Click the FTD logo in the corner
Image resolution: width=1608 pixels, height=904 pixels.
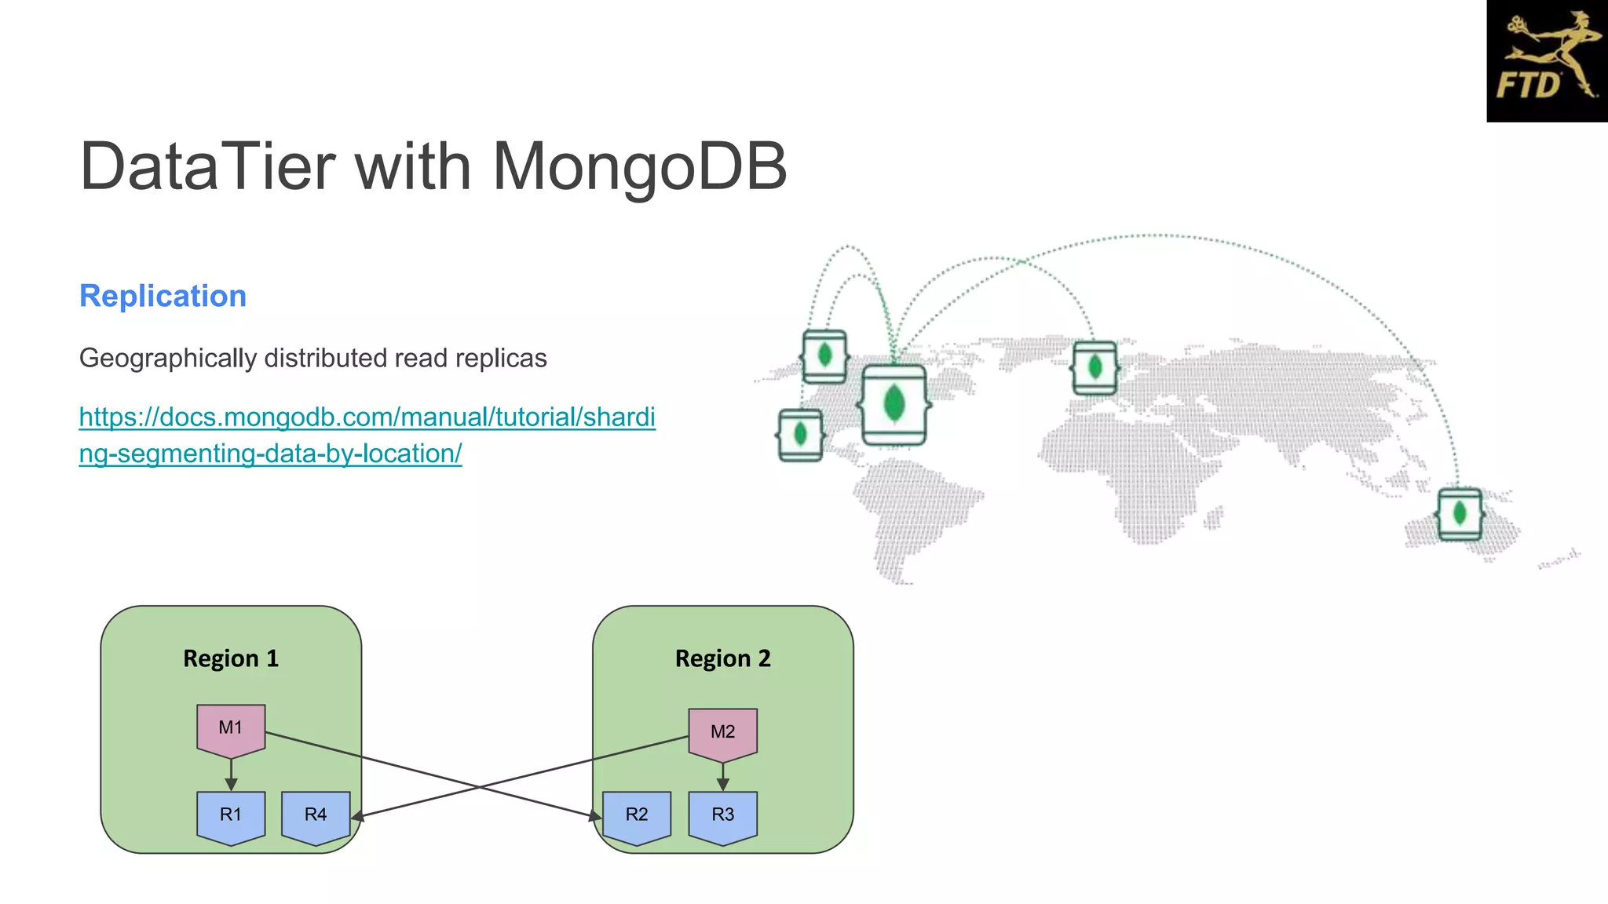tap(1547, 61)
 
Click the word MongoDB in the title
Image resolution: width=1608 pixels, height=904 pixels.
tap(639, 166)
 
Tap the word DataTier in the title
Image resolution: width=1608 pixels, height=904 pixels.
tap(207, 166)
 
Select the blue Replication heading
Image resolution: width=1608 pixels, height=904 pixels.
tap(163, 296)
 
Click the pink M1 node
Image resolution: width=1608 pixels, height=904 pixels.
tap(231, 728)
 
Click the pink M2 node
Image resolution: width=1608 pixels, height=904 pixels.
tap(722, 732)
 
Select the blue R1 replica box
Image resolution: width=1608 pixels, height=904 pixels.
tap(231, 815)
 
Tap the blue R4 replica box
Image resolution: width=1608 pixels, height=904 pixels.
tap(316, 815)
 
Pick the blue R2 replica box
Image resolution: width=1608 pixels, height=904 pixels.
tap(637, 815)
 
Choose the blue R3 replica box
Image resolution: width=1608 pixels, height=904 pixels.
tap(722, 815)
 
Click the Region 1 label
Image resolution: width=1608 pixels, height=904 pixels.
tap(231, 658)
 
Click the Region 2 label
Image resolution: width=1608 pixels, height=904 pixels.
tap(722, 658)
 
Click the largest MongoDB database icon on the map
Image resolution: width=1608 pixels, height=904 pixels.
tap(894, 405)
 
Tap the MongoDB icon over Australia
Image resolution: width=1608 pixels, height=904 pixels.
tap(1460, 514)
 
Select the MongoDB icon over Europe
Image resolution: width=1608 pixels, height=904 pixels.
tap(1095, 367)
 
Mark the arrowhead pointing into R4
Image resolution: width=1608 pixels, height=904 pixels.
tap(357, 817)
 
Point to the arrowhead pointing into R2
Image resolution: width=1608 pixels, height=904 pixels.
tap(596, 817)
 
